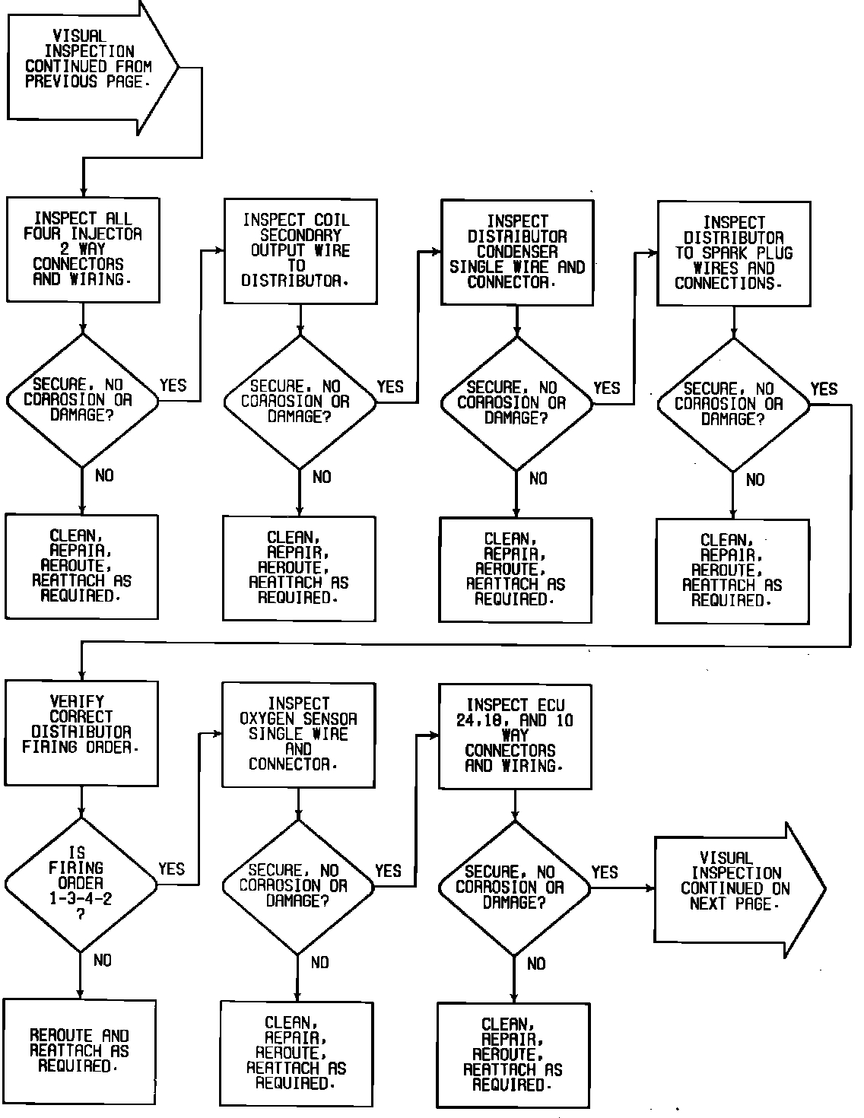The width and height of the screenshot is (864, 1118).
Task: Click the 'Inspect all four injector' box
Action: (x=83, y=249)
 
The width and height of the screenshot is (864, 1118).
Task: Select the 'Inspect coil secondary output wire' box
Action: (x=300, y=252)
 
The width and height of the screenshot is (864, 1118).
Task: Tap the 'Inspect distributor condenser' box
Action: (x=517, y=253)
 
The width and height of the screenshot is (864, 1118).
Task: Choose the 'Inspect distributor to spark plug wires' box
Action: (x=733, y=253)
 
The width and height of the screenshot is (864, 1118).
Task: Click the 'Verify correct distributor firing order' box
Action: (x=81, y=733)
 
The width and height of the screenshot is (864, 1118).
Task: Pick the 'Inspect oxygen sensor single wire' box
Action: (x=298, y=735)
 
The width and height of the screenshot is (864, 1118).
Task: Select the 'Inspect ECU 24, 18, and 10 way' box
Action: (x=515, y=736)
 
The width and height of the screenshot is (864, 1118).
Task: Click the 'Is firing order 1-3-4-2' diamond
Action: (x=81, y=885)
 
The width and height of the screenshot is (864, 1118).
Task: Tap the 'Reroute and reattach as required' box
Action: (x=80, y=1051)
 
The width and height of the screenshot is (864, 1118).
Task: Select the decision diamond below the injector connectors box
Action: (x=82, y=400)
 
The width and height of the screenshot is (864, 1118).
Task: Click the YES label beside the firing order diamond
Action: (x=172, y=869)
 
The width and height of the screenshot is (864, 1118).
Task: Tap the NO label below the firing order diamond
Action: (x=103, y=961)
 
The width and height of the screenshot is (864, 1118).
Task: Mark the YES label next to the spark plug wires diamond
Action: (x=824, y=389)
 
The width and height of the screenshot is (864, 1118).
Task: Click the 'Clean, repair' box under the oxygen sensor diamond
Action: (x=297, y=1053)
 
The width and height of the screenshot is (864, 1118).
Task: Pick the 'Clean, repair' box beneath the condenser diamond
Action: (x=516, y=570)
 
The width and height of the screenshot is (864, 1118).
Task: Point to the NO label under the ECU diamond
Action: (x=536, y=964)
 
